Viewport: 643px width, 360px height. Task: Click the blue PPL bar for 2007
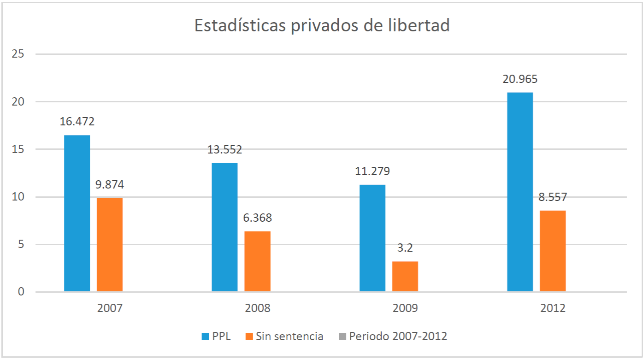pyautogui.click(x=77, y=213)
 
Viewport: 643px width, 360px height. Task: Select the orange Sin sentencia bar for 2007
pyautogui.click(x=110, y=245)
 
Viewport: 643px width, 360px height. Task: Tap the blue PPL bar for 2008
pyautogui.click(x=224, y=227)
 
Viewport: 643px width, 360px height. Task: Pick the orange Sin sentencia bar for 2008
pyautogui.click(x=257, y=261)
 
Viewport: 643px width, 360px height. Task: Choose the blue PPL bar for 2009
pyautogui.click(x=372, y=238)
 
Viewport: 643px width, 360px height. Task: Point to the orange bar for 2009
pyautogui.click(x=405, y=277)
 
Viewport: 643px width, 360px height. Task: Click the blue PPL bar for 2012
pyautogui.click(x=520, y=192)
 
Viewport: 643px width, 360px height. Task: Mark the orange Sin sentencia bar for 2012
pyautogui.click(x=553, y=251)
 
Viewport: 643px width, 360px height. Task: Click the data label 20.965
pyautogui.click(x=520, y=79)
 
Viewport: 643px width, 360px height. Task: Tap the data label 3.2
pyautogui.click(x=405, y=248)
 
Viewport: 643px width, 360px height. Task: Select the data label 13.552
pyautogui.click(x=224, y=150)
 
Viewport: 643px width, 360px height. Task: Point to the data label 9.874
pyautogui.click(x=110, y=185)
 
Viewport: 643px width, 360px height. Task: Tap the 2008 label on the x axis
pyautogui.click(x=258, y=308)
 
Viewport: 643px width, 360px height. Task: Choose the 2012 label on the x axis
pyautogui.click(x=553, y=308)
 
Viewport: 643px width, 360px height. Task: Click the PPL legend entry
pyautogui.click(x=216, y=336)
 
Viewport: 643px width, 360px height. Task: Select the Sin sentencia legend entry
pyautogui.click(x=284, y=336)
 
